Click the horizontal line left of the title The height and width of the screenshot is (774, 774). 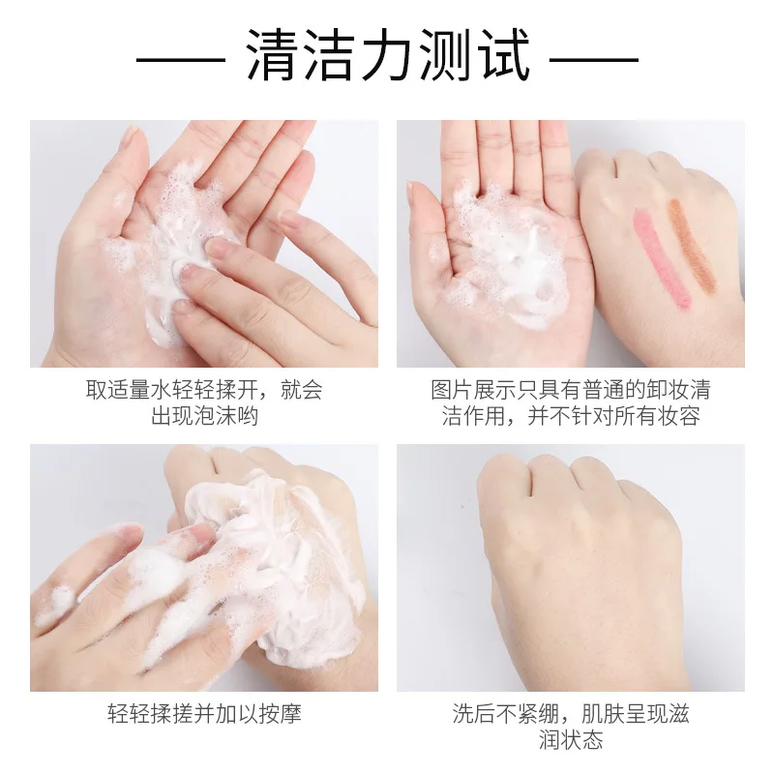click(x=180, y=59)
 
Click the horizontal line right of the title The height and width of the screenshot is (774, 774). click(x=594, y=59)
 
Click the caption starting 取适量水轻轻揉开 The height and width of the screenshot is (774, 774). click(x=204, y=390)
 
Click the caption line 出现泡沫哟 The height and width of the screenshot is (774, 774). click(x=204, y=417)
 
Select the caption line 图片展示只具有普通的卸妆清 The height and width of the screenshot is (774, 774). click(x=571, y=390)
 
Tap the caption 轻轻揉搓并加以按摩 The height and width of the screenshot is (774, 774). click(x=204, y=715)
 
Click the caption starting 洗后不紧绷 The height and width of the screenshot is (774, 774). click(x=571, y=715)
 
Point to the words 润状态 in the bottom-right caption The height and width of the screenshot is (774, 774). click(x=571, y=741)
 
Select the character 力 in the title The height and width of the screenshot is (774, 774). click(x=387, y=58)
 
